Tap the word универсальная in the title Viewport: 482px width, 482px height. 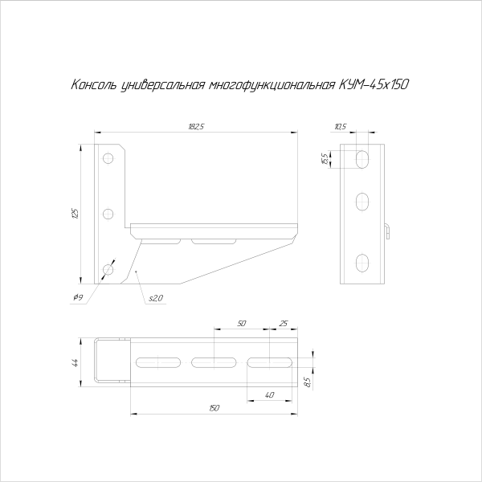click(157, 84)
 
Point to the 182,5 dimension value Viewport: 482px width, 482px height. click(195, 126)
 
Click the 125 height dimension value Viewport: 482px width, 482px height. click(75, 214)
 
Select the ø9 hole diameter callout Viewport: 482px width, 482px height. click(78, 298)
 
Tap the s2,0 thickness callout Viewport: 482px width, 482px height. click(155, 299)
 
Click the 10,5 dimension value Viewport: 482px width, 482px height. click(339, 126)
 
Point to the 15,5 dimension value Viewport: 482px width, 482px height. click(324, 158)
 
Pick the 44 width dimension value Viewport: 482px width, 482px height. click(75, 362)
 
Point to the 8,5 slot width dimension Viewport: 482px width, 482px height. click(308, 382)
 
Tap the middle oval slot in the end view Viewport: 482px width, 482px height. click(362, 198)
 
